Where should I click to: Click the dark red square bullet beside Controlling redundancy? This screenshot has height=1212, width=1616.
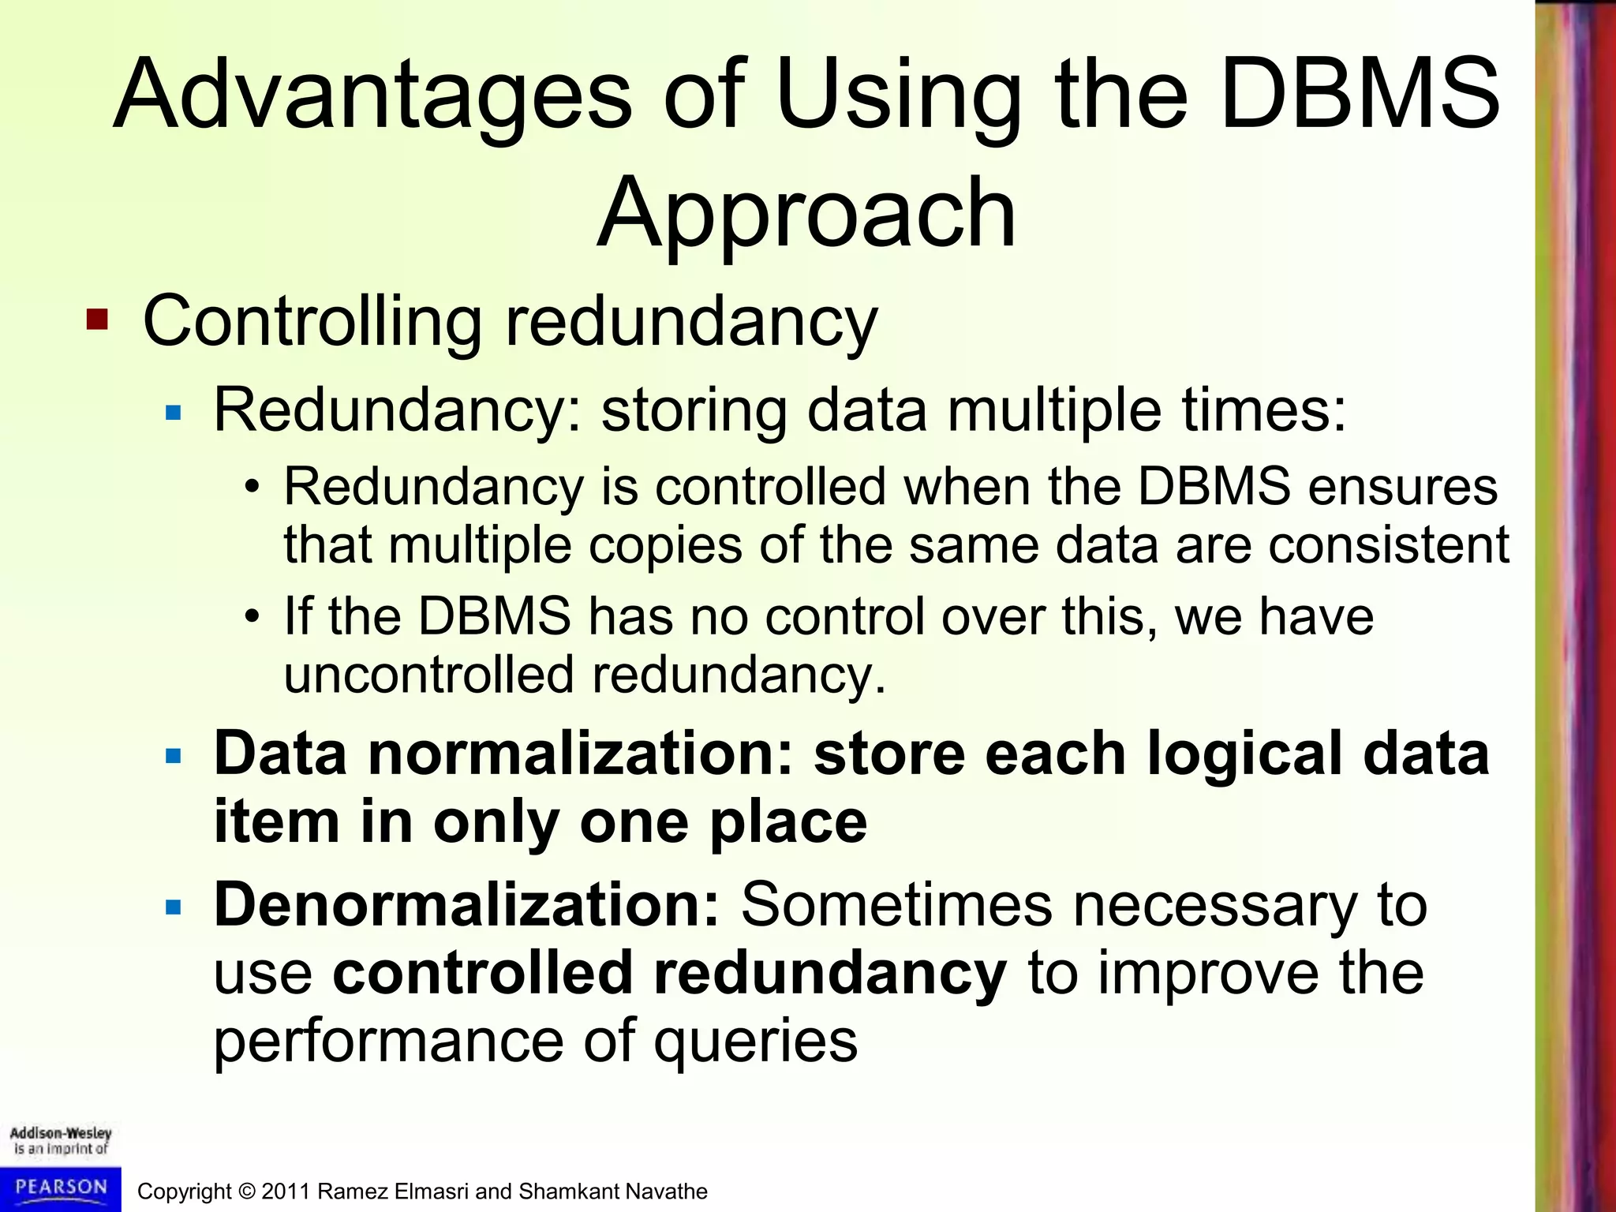97,320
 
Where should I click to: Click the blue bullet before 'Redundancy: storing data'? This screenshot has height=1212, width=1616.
174,412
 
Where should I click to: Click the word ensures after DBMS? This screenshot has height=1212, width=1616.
1402,487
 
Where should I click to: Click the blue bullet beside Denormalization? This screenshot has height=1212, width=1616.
174,907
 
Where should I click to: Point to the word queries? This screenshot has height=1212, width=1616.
755,1042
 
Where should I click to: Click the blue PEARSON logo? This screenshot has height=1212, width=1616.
61,1188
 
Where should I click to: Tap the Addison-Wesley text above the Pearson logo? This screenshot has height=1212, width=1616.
61,1133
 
